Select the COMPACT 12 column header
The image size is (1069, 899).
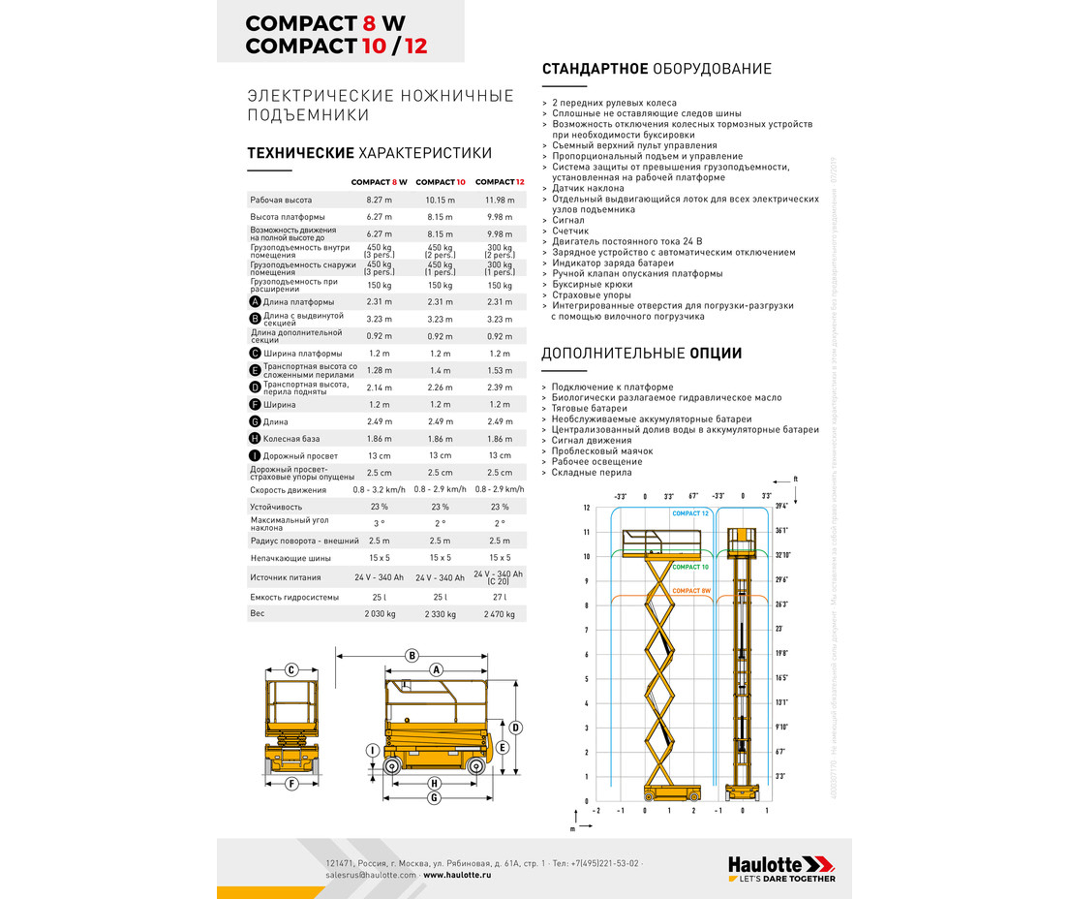click(500, 182)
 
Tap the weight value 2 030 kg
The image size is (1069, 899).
click(380, 613)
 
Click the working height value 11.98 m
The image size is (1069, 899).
click(500, 200)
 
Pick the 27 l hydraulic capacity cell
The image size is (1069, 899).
click(500, 597)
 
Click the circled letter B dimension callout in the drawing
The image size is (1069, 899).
click(412, 656)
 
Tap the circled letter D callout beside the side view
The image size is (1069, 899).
click(516, 727)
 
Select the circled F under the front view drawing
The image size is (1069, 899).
click(290, 783)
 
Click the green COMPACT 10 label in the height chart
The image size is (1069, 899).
click(690, 567)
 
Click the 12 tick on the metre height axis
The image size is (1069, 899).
click(587, 508)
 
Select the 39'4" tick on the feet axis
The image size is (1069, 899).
click(780, 508)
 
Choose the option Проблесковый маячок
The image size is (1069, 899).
click(602, 451)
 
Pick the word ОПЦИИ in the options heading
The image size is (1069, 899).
click(716, 354)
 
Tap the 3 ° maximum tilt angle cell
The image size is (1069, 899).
click(380, 523)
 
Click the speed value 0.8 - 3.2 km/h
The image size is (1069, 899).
click(380, 490)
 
